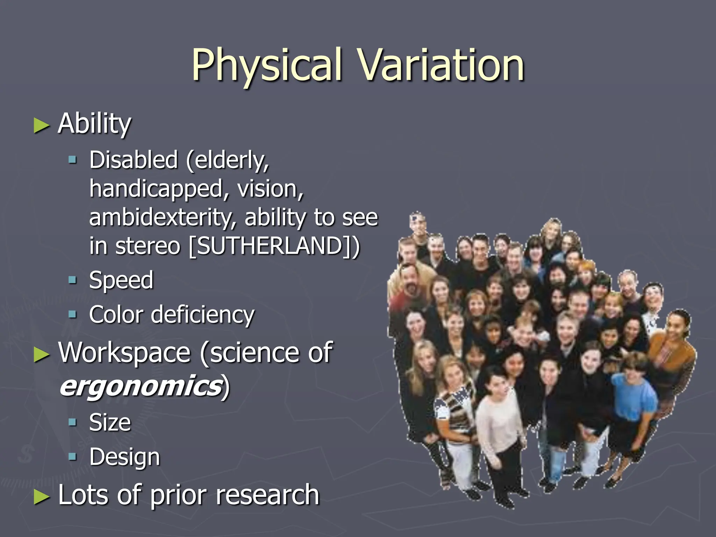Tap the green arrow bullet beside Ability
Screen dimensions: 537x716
[x=41, y=126]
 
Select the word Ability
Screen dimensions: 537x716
[x=94, y=124]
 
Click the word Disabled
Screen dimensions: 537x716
[x=134, y=160]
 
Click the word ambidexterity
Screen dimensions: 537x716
[x=163, y=218]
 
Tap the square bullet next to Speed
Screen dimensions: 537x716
[x=72, y=280]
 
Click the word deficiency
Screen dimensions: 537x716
[x=202, y=314]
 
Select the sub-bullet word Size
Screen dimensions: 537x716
[x=110, y=422]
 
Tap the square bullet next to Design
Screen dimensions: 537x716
[x=72, y=456]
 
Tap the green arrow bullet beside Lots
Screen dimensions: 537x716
[x=41, y=497]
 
